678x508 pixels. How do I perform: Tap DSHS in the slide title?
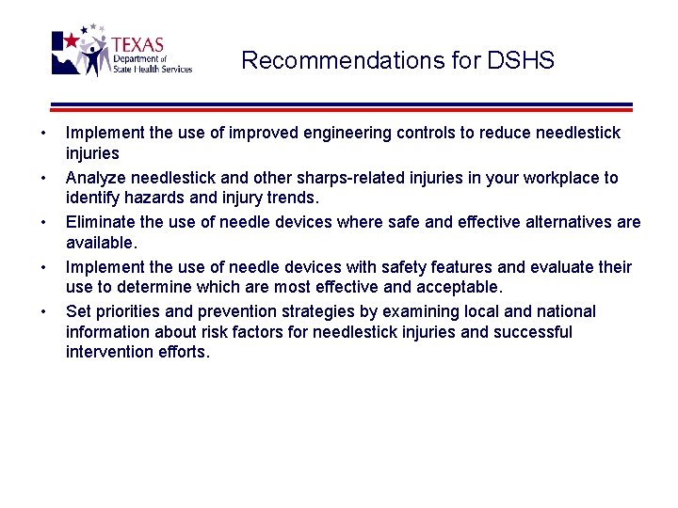521,61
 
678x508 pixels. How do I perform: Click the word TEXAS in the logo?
137,45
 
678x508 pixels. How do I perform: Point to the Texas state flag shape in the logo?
69,53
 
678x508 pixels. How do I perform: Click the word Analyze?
95,178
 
